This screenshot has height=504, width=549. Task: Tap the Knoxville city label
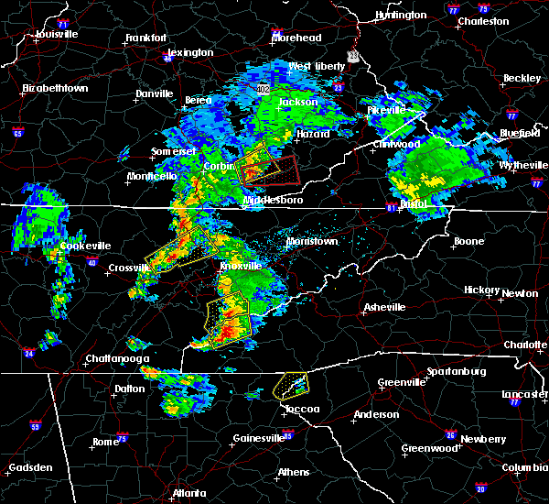pyautogui.click(x=240, y=266)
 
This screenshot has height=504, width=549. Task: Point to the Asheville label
pyautogui.click(x=383, y=307)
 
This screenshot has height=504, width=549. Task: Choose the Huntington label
pyautogui.click(x=401, y=16)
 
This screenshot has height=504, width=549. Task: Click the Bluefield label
pyautogui.click(x=521, y=134)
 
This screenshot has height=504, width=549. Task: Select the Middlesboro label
pyautogui.click(x=267, y=200)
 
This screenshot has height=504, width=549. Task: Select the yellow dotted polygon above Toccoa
pyautogui.click(x=290, y=385)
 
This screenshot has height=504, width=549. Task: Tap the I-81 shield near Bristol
pyautogui.click(x=392, y=208)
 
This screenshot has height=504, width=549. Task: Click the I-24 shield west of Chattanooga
pyautogui.click(x=28, y=352)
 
